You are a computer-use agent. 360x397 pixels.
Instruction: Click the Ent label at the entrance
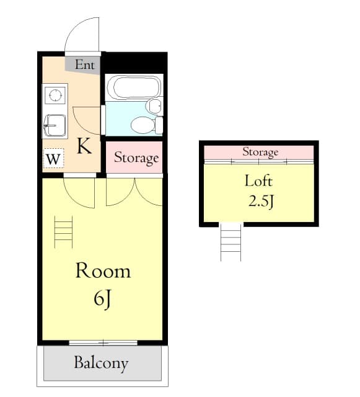point(84,65)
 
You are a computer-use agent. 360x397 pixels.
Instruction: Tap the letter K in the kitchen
point(84,146)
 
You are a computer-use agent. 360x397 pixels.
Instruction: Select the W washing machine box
point(53,159)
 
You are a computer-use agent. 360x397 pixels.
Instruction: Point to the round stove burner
point(55,95)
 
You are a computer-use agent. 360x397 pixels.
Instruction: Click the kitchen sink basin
point(55,125)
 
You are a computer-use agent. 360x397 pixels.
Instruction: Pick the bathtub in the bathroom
point(132,87)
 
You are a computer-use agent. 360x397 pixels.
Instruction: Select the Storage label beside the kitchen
point(136,158)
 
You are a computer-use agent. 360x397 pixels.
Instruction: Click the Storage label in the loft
point(260,152)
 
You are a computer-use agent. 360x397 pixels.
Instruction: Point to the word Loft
point(258,182)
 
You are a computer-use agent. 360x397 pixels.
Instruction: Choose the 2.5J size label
point(259,202)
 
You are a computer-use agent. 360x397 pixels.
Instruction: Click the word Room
point(103,271)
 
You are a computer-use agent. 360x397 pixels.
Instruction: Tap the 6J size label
point(103,298)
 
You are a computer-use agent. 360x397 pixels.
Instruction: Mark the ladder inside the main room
point(64,232)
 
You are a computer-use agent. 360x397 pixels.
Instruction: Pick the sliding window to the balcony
point(103,342)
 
